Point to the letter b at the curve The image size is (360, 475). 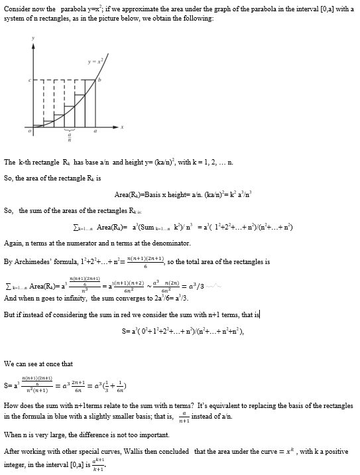(x=100, y=80)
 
